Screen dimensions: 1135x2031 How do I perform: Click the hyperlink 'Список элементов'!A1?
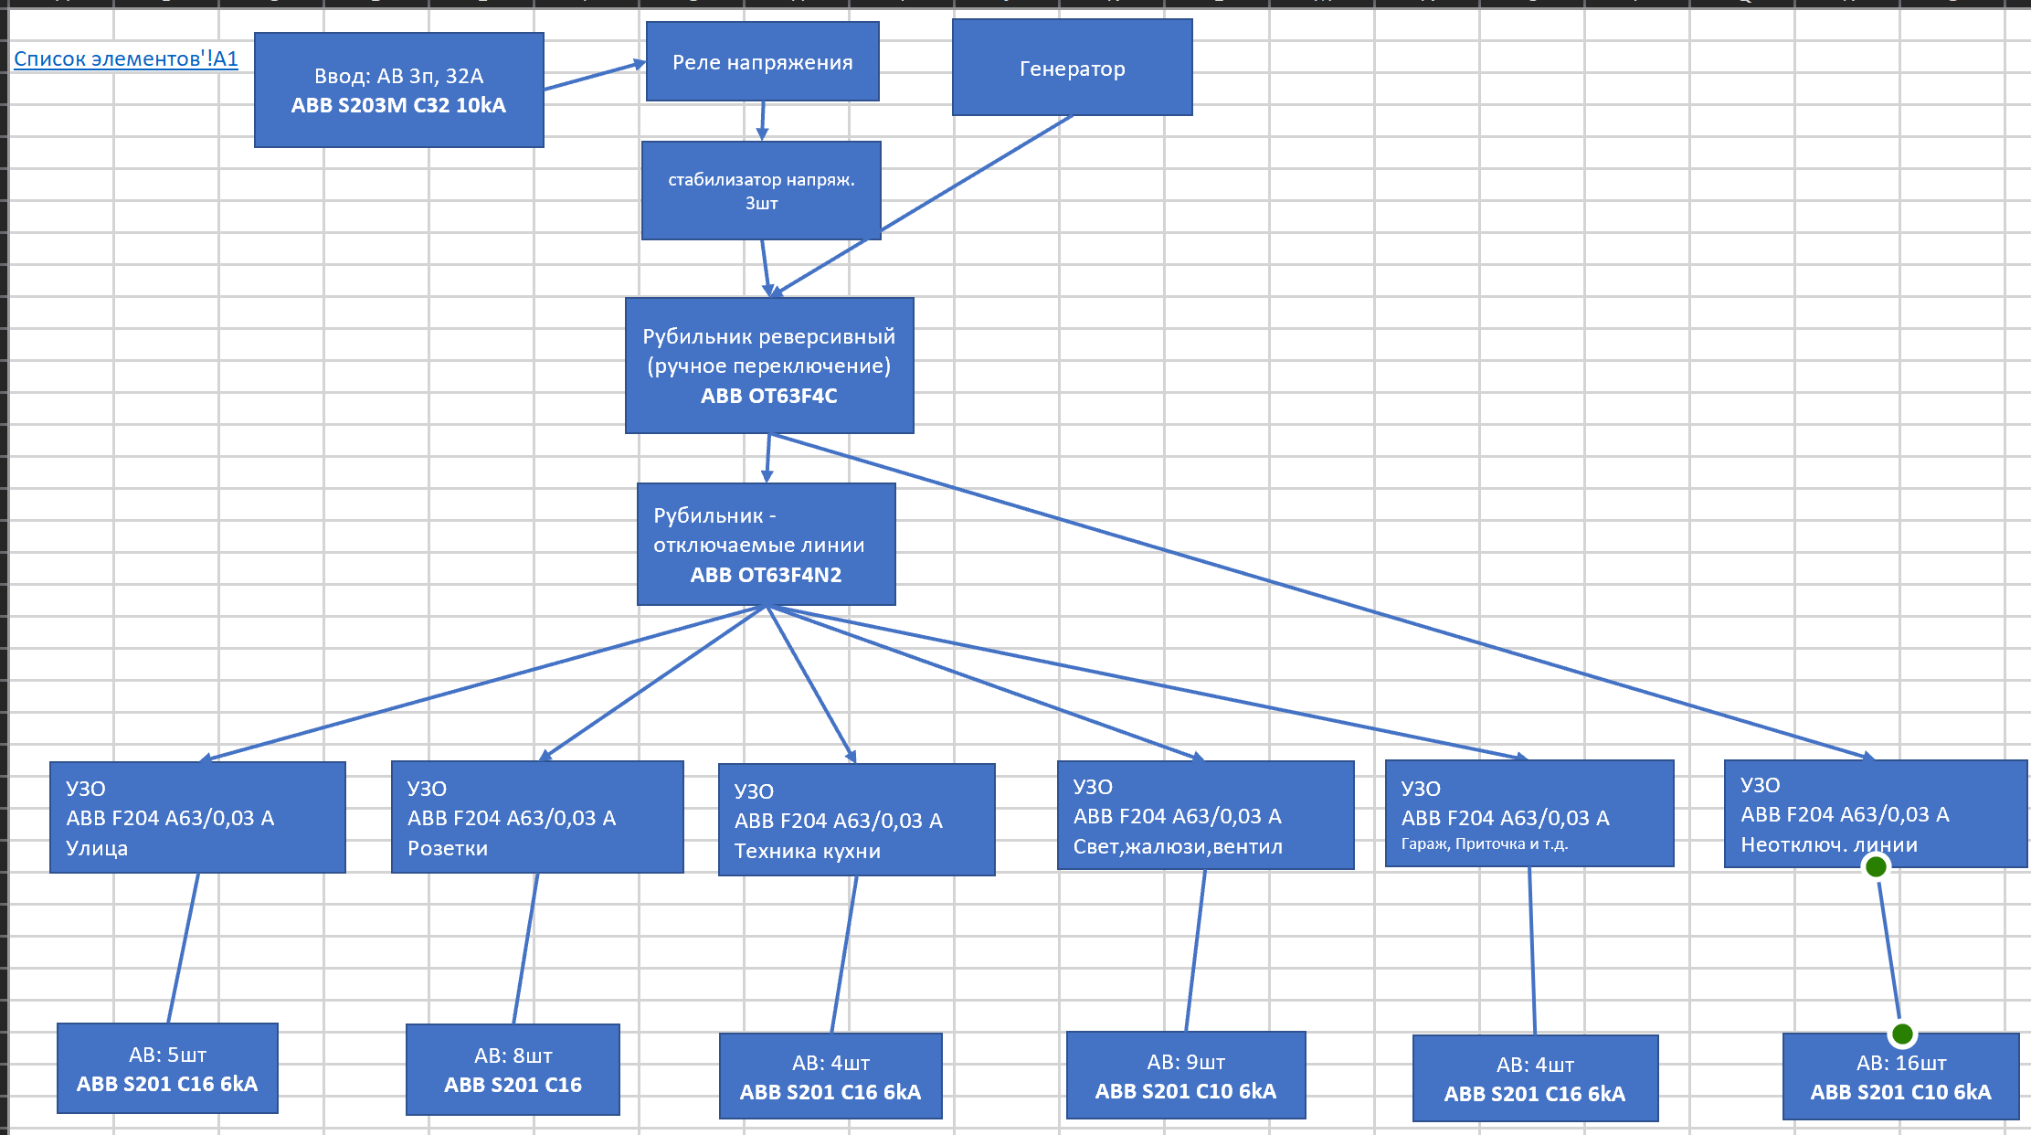point(126,59)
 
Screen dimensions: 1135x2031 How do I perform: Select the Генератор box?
point(1072,69)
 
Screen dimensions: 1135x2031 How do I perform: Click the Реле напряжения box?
point(762,62)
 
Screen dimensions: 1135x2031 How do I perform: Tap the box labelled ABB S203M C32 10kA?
point(398,90)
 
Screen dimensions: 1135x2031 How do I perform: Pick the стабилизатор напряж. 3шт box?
point(761,191)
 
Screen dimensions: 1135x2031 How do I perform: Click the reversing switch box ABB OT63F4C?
point(768,366)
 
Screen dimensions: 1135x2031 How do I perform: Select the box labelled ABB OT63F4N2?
point(766,545)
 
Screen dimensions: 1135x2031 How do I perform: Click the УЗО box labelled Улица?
point(197,817)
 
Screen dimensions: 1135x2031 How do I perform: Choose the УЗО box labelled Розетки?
point(537,817)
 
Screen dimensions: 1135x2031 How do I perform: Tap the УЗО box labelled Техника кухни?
point(856,820)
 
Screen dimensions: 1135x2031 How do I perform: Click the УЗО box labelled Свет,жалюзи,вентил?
point(1205,815)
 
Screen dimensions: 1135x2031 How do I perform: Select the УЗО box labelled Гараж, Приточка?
point(1529,813)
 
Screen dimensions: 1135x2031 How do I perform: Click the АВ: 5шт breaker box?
point(167,1068)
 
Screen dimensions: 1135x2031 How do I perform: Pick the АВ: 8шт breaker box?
point(513,1069)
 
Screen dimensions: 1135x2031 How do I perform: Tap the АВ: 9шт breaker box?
point(1186,1076)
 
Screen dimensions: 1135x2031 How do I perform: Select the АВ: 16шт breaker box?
point(1900,1077)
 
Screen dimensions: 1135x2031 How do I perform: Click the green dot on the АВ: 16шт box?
point(1902,1034)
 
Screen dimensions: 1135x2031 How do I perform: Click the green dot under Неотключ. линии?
point(1876,866)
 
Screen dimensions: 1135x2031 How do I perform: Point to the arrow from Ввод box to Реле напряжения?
point(594,76)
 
